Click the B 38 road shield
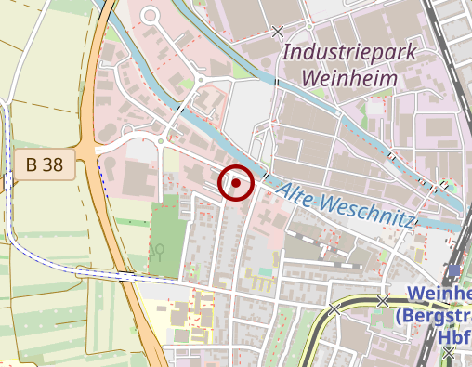[x=45, y=165]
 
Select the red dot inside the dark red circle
[x=236, y=183]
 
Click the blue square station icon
[x=453, y=270]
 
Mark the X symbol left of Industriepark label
[x=277, y=32]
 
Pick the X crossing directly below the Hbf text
[x=451, y=353]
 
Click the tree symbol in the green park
[x=160, y=250]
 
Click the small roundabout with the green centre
[x=161, y=141]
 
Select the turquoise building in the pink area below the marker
[x=266, y=270]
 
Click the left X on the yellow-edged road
[x=334, y=308]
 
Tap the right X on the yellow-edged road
[x=382, y=300]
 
